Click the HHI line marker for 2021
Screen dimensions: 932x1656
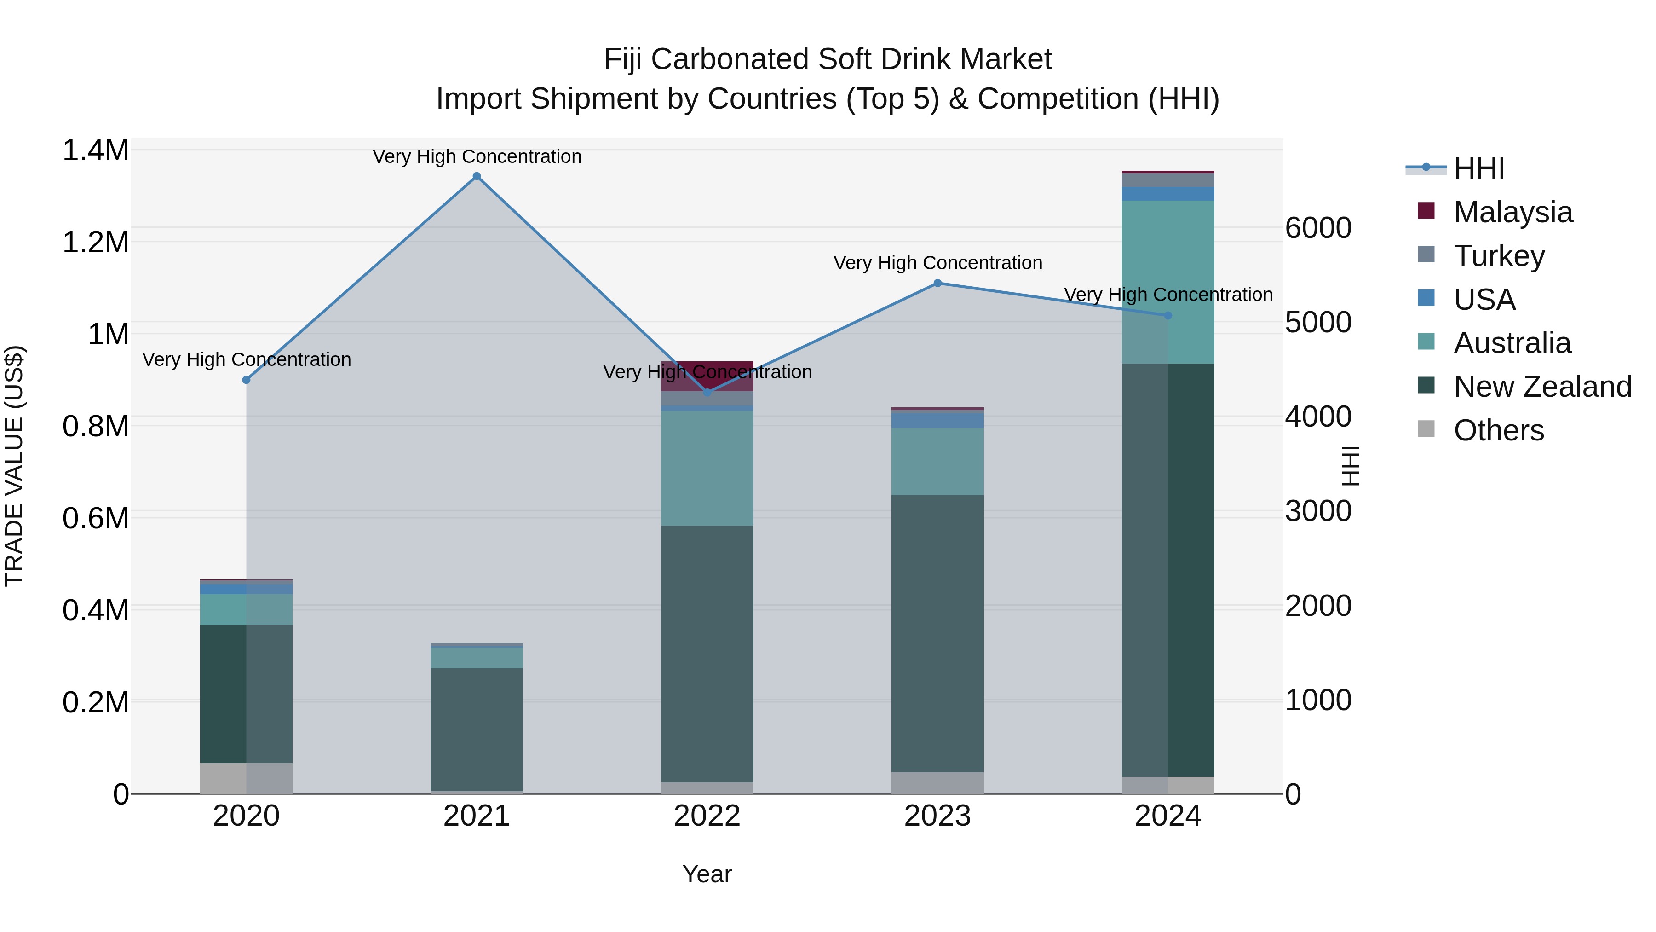point(477,176)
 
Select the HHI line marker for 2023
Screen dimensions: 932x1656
point(937,283)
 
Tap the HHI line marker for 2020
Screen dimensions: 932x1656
point(246,380)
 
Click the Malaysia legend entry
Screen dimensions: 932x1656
point(1512,212)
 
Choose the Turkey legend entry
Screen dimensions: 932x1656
point(1499,256)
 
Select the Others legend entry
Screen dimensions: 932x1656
point(1498,430)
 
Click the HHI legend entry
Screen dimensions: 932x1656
point(1478,168)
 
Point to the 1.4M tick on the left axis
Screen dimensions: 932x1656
point(95,151)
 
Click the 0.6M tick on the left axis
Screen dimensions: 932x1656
point(95,518)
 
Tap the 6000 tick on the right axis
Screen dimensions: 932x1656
point(1318,228)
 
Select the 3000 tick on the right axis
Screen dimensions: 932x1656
point(1318,511)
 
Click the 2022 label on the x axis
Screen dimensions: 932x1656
point(707,816)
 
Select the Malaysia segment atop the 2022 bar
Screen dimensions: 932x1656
point(707,376)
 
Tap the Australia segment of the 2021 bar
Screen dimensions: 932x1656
point(477,657)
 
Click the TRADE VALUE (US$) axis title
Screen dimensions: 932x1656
point(14,466)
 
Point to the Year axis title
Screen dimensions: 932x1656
point(707,874)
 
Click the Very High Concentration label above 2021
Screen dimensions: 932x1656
point(477,156)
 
